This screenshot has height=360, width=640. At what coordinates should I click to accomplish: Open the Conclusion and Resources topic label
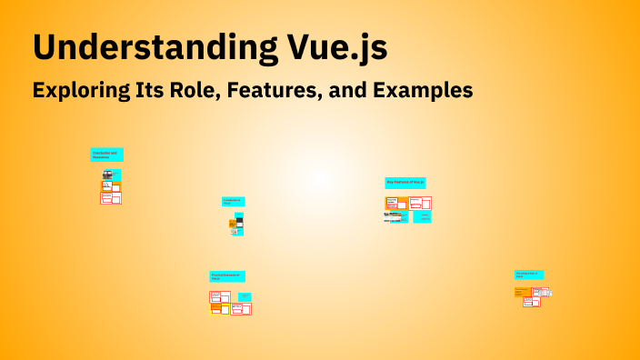coord(106,155)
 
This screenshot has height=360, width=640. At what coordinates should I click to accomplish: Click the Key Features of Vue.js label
coord(405,183)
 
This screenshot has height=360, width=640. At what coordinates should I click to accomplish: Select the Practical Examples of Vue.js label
coord(226,275)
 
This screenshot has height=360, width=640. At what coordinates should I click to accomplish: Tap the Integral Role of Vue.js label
coord(528,274)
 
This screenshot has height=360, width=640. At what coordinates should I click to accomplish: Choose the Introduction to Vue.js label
coord(233,201)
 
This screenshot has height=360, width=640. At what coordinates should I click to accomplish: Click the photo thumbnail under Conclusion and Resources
coord(107,175)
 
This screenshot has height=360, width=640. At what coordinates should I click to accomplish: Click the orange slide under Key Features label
coord(392,202)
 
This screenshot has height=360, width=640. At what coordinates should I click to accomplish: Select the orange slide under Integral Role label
coord(522,292)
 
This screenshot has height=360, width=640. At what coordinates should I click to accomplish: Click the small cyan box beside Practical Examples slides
coord(245,296)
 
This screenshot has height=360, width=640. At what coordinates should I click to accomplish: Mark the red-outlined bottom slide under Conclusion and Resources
coord(110,198)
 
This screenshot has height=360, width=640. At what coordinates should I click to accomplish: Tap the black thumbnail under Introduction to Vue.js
coord(239,220)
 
